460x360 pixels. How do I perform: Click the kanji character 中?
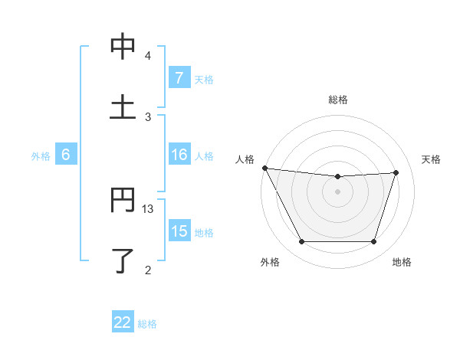tap(123, 47)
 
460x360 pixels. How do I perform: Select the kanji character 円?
tap(123, 201)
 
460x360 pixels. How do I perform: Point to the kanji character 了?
tap(123, 260)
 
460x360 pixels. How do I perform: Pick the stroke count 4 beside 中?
tap(148, 56)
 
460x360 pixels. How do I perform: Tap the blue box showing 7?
tap(179, 77)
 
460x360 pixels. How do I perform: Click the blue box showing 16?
tap(179, 155)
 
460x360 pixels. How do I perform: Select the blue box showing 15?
tap(179, 231)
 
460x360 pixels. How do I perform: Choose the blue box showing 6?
tap(66, 155)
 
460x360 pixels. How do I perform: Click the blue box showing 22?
tap(123, 322)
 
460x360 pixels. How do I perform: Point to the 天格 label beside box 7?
tap(203, 79)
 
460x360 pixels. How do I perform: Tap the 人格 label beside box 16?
tap(203, 155)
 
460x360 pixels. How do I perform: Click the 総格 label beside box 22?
tap(147, 323)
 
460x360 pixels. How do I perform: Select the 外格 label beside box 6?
tap(41, 155)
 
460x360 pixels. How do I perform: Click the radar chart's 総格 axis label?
tap(338, 100)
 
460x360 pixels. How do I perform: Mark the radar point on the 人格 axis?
tap(265, 168)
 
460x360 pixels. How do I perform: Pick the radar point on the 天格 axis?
tap(396, 172)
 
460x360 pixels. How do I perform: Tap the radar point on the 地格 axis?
tap(374, 242)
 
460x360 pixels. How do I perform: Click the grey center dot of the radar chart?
tap(338, 191)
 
